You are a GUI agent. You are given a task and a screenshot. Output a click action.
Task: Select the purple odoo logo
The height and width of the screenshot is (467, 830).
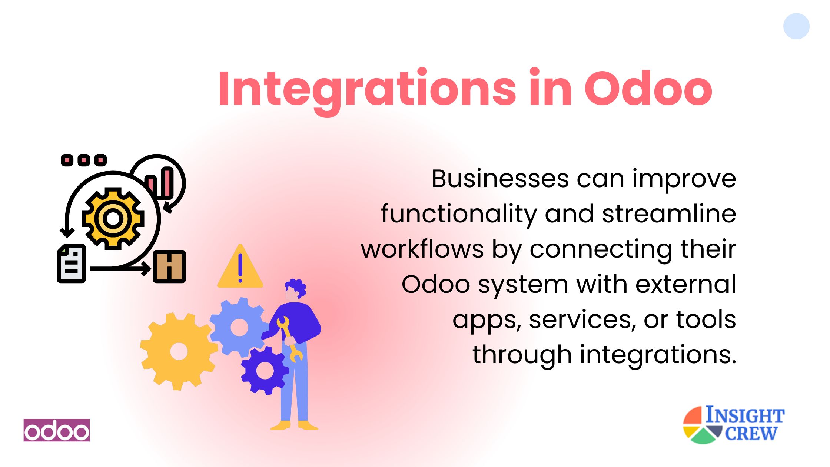[x=57, y=430]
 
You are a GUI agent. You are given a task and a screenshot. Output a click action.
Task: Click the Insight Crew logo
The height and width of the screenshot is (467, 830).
[x=734, y=425]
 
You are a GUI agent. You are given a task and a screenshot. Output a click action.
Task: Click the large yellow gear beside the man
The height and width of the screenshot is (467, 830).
[x=179, y=351]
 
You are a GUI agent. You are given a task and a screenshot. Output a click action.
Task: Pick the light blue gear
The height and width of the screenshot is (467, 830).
[x=239, y=327]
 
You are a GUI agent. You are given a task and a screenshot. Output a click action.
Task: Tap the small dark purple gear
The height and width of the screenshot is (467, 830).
[x=265, y=370]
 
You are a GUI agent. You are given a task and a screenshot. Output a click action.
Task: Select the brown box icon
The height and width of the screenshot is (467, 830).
[x=169, y=267]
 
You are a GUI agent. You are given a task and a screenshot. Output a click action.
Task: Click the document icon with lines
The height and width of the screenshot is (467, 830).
[x=71, y=264]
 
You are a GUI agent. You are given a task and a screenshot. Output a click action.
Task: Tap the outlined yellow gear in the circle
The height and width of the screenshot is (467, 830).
[x=113, y=218]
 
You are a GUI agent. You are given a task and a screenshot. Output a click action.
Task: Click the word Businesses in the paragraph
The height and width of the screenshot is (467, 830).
[x=500, y=179]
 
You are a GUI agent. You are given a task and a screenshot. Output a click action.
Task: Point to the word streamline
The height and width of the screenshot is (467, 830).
[x=669, y=214]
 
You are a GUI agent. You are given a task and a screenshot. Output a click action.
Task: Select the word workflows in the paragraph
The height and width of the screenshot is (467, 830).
[x=422, y=249]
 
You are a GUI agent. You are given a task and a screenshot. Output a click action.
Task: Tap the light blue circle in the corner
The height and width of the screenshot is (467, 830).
[x=796, y=26]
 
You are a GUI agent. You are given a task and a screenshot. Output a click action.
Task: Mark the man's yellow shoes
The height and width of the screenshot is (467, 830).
[x=295, y=425]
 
